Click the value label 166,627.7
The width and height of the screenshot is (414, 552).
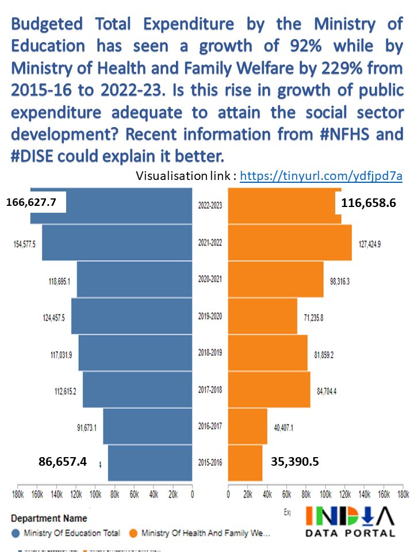[36, 202]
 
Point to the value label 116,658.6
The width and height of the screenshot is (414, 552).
[368, 203]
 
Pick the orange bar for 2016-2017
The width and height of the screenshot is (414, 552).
[248, 426]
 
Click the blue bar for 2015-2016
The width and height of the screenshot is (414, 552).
[149, 463]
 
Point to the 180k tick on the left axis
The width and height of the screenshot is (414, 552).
[17, 494]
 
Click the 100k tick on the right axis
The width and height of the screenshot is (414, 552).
[325, 494]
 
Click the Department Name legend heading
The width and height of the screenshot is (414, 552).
[49, 519]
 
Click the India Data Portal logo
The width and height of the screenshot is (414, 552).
[350, 521]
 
